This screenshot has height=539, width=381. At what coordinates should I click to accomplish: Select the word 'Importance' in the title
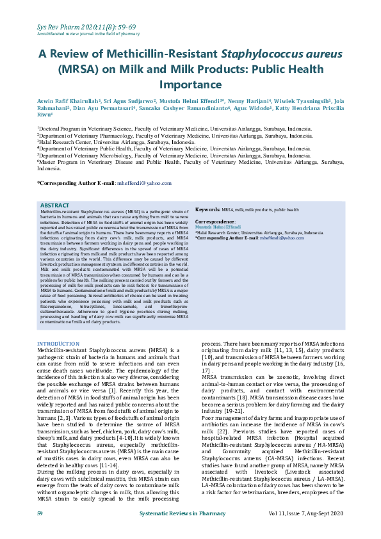190,84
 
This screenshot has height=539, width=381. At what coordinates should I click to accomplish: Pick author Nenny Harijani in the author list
250,101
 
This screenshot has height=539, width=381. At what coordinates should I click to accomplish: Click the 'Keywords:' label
208,209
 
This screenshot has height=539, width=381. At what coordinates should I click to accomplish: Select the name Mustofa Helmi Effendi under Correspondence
217,227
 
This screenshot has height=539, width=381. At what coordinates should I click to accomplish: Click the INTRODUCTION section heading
58,344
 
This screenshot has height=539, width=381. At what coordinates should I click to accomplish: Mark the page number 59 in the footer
40,531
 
